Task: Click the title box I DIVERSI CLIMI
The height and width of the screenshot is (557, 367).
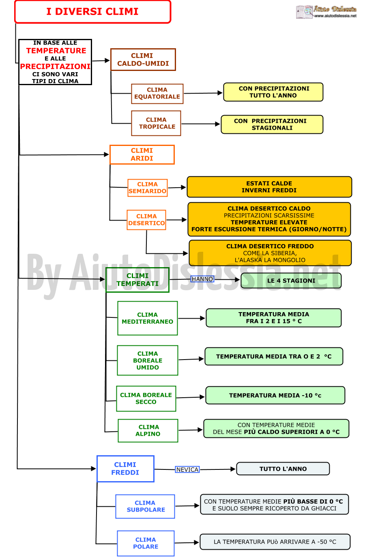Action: [92, 12]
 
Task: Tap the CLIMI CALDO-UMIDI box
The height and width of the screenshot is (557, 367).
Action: [143, 60]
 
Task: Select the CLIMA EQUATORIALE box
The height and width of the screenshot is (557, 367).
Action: [157, 94]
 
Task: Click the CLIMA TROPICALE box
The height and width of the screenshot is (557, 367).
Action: [156, 123]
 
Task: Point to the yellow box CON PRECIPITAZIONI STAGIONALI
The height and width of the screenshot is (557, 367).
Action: [272, 124]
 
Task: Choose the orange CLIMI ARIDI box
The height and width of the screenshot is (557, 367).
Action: [142, 155]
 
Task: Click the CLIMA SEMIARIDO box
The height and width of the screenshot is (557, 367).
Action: [148, 188]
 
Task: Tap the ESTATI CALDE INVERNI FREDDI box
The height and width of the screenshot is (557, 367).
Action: [269, 187]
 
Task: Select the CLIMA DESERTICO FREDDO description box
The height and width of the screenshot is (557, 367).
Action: [270, 253]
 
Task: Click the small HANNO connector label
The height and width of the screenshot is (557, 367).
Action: [202, 279]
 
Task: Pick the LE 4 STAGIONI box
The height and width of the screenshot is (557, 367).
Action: [291, 281]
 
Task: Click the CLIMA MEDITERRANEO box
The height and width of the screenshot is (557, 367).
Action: [148, 318]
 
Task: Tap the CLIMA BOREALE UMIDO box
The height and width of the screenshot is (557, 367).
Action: [148, 360]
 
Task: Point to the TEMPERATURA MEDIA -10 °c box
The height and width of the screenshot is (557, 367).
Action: [275, 395]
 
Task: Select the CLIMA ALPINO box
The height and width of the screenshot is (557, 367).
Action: [148, 431]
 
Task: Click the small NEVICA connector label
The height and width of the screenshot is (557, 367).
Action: [187, 469]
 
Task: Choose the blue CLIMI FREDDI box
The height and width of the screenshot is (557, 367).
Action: [125, 469]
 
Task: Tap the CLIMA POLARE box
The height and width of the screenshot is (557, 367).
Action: [146, 543]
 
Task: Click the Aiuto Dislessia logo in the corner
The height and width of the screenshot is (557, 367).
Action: [326, 12]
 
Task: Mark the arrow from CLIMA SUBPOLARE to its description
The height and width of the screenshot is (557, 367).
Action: [187, 506]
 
